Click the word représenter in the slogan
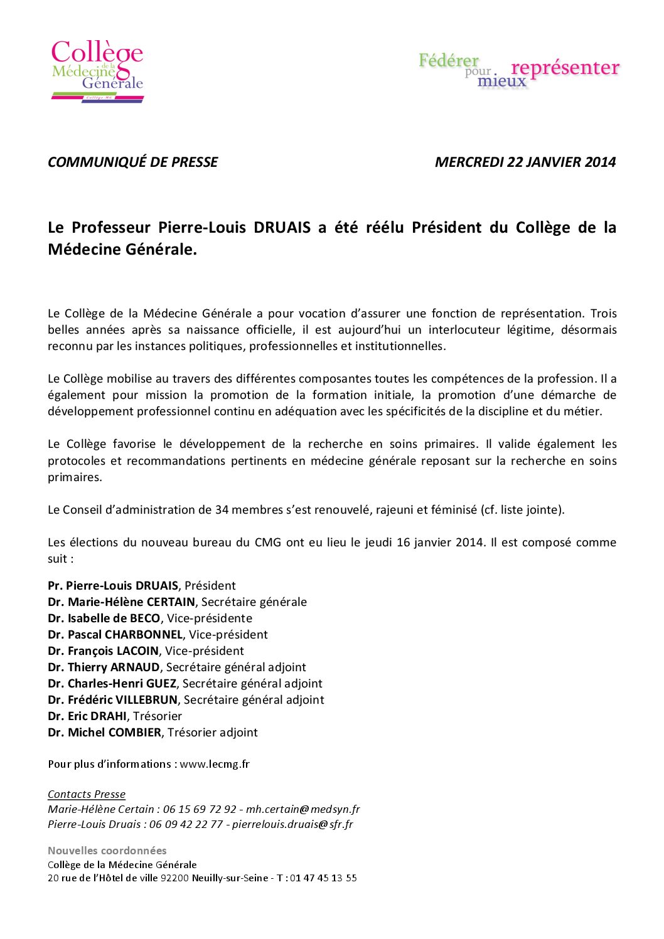pyautogui.click(x=565, y=67)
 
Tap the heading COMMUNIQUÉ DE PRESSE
pyautogui.click(x=132, y=162)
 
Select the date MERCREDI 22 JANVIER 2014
pyautogui.click(x=525, y=162)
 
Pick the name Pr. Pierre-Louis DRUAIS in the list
pyautogui.click(x=113, y=586)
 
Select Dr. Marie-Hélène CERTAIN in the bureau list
pyautogui.click(x=121, y=602)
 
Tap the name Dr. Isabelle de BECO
pyautogui.click(x=104, y=618)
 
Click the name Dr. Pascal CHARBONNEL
pyautogui.click(x=115, y=635)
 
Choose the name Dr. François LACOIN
pyautogui.click(x=103, y=651)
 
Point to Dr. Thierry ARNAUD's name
pyautogui.click(x=104, y=667)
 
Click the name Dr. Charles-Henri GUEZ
pyautogui.click(x=112, y=684)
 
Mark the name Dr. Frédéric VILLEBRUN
pyautogui.click(x=112, y=700)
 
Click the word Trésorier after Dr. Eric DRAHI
pyautogui.click(x=157, y=716)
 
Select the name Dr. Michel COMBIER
pyautogui.click(x=104, y=733)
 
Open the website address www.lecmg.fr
pyautogui.click(x=215, y=764)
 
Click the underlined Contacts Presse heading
pyautogui.click(x=87, y=794)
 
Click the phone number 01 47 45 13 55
pyautogui.click(x=323, y=878)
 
